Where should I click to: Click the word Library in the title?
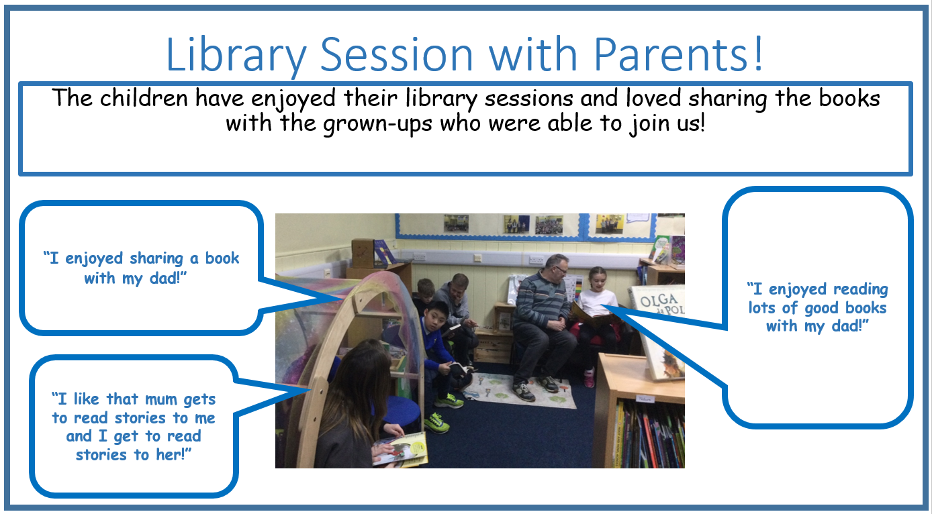tap(236, 55)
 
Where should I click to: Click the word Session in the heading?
tap(397, 54)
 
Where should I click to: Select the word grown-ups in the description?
tap(377, 124)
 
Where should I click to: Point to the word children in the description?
tap(144, 99)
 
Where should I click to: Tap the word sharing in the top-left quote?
tap(156, 259)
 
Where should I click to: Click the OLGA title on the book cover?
tap(659, 300)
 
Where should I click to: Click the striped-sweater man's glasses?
tap(561, 270)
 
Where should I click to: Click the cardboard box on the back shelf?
tap(363, 252)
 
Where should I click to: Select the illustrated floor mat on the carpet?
tap(520, 391)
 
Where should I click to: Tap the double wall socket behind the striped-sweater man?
tap(536, 260)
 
